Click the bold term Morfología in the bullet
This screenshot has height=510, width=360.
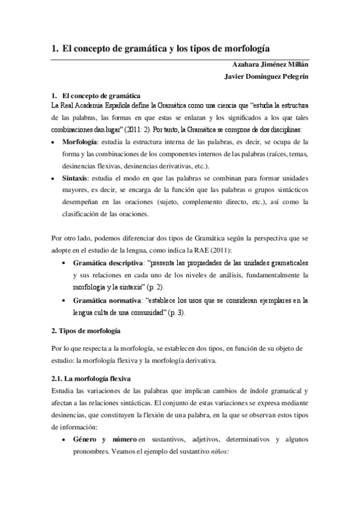point(80,142)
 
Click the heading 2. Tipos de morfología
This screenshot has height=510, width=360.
point(86,331)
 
